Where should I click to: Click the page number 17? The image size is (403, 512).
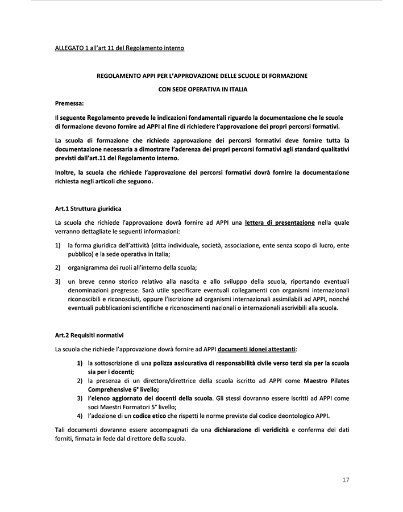[x=346, y=480]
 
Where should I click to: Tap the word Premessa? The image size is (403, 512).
[x=69, y=103]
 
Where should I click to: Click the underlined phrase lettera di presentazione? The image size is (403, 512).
[x=280, y=223]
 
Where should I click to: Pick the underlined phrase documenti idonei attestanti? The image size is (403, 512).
[x=261, y=348]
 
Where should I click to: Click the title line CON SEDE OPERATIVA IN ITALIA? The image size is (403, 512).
[x=202, y=89]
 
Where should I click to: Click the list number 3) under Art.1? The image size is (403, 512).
[x=58, y=281]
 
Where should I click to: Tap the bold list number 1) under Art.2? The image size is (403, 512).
[x=80, y=362]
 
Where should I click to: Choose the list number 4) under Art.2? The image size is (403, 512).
[x=80, y=416]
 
